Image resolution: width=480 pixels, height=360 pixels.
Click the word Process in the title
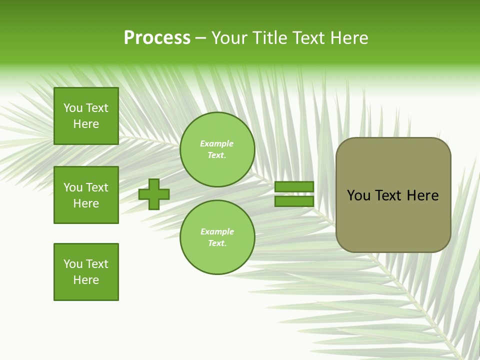coord(157,38)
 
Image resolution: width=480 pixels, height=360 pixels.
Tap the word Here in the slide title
coord(348,38)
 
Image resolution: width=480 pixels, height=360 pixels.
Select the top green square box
coord(86,116)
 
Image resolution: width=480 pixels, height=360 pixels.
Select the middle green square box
coord(86,195)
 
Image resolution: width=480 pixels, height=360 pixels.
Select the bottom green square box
coord(86,272)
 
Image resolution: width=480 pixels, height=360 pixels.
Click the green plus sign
coord(154,194)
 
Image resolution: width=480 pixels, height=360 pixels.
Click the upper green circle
coord(217,149)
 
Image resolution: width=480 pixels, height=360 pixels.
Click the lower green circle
coord(217,237)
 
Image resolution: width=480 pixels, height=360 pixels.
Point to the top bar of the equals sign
coord(294,186)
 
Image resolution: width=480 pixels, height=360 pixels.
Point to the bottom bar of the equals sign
coord(294,201)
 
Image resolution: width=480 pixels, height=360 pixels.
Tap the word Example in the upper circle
coord(216,143)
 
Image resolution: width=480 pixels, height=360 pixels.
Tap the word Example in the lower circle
coord(217,231)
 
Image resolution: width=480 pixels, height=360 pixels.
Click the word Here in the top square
coord(86,124)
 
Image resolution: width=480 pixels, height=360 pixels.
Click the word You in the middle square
coord(72,187)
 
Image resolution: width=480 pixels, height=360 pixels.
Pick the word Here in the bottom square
coord(86,280)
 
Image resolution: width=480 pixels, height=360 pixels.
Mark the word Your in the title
coord(228,38)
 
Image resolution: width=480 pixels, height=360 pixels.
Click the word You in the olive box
coord(359,195)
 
